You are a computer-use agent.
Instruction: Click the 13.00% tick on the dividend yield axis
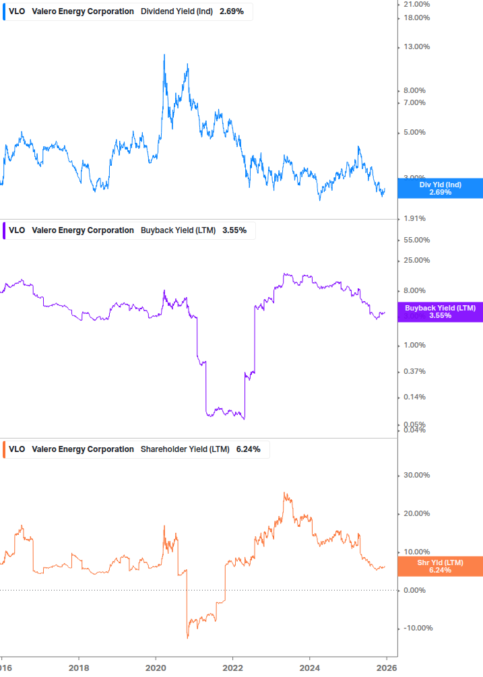click(416, 46)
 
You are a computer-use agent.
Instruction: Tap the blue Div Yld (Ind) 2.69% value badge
click(440, 188)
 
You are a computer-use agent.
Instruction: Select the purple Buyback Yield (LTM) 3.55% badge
click(440, 311)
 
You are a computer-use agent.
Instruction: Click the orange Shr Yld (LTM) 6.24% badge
click(440, 566)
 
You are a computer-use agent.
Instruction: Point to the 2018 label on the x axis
click(79, 667)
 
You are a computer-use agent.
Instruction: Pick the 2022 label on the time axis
click(232, 667)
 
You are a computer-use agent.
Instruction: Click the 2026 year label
click(386, 667)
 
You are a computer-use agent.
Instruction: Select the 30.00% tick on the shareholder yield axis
click(416, 475)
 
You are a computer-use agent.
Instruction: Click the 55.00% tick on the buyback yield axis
click(416, 240)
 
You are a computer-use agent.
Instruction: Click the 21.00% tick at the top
click(416, 4)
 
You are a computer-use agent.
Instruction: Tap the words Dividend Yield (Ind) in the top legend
click(177, 11)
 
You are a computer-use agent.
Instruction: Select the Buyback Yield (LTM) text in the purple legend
click(178, 230)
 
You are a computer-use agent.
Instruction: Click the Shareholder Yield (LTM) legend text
click(185, 449)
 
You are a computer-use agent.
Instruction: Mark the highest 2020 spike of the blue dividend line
click(164, 55)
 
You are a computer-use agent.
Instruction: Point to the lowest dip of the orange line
click(187, 637)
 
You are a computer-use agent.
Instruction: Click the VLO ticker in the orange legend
click(17, 449)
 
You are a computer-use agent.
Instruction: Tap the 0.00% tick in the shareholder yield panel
click(418, 590)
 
